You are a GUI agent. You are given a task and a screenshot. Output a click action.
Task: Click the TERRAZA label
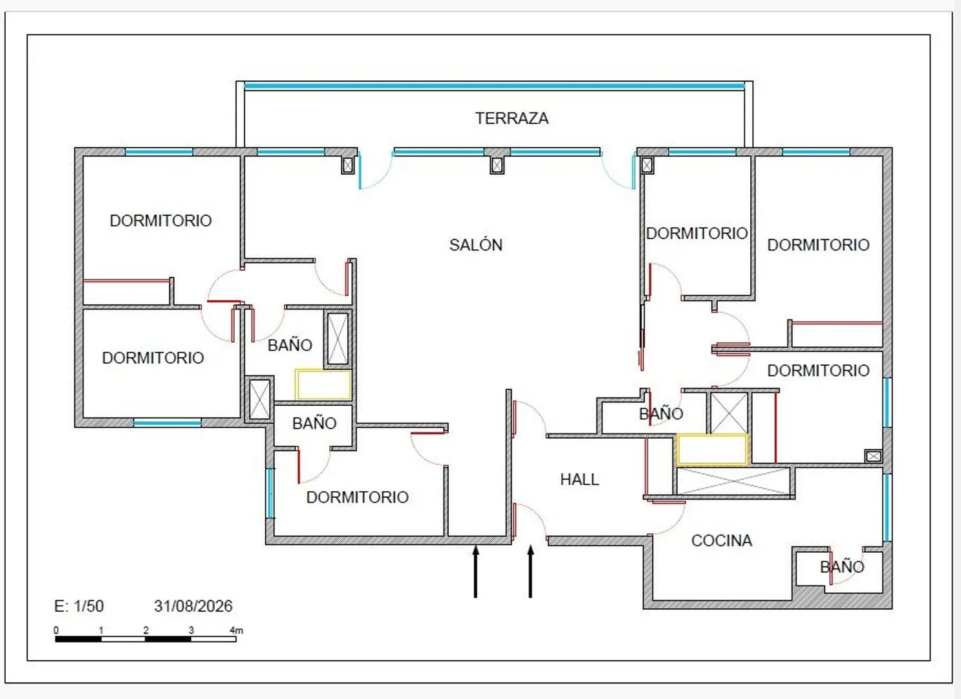(x=512, y=118)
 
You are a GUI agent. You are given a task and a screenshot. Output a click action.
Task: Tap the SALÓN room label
(x=476, y=245)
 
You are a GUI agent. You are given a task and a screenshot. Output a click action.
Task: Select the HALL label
(x=579, y=480)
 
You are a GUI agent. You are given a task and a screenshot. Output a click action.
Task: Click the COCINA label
(x=722, y=540)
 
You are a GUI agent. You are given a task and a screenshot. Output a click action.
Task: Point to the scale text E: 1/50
(x=79, y=606)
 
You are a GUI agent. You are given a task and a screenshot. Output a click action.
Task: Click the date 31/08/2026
(x=193, y=606)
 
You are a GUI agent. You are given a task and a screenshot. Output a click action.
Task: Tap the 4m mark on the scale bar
(x=236, y=630)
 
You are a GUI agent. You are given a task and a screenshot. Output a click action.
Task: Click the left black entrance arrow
(x=475, y=571)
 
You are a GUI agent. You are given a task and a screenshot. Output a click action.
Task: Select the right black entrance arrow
(x=530, y=571)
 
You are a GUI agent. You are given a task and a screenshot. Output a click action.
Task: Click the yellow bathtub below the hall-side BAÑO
(x=713, y=450)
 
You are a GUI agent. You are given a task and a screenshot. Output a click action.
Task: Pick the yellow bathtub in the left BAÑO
(x=323, y=384)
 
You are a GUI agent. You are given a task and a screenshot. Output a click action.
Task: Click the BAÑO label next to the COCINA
(x=842, y=567)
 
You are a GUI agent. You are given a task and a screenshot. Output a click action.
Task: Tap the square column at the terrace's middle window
(x=497, y=165)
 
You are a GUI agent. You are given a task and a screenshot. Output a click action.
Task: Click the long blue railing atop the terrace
(x=494, y=86)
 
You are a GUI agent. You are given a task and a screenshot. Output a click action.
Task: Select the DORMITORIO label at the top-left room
(x=160, y=221)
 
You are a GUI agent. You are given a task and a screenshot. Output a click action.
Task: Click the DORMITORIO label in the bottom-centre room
(x=357, y=497)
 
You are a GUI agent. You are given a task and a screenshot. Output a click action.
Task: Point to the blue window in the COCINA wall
(x=887, y=507)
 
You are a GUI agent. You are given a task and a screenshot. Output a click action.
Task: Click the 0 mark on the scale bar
(x=56, y=630)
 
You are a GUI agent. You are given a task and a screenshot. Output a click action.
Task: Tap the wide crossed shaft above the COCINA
(x=733, y=482)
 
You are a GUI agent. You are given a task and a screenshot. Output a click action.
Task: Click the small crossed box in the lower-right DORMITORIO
(x=873, y=456)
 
